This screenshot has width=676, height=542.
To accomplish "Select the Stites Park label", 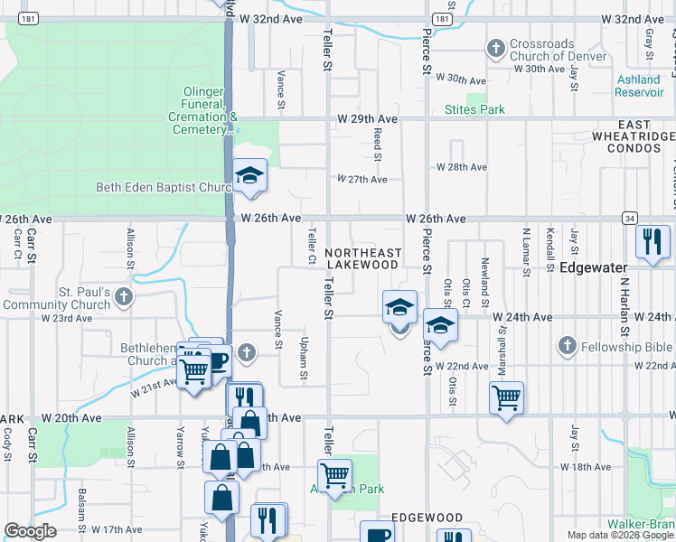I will click(x=474, y=109).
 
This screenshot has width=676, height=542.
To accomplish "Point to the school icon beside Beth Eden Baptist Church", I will click(x=249, y=176).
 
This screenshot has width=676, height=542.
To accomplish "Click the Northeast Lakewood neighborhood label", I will click(x=361, y=258).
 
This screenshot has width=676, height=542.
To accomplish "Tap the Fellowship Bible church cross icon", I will click(x=567, y=346).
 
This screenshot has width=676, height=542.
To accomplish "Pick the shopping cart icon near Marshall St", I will click(x=507, y=397).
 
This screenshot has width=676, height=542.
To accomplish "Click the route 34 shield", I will click(x=629, y=218).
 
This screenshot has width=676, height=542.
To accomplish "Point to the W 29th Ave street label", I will click(x=368, y=119).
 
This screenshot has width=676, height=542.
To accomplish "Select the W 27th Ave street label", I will click(x=362, y=180).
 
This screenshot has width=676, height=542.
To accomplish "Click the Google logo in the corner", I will click(x=31, y=531).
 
